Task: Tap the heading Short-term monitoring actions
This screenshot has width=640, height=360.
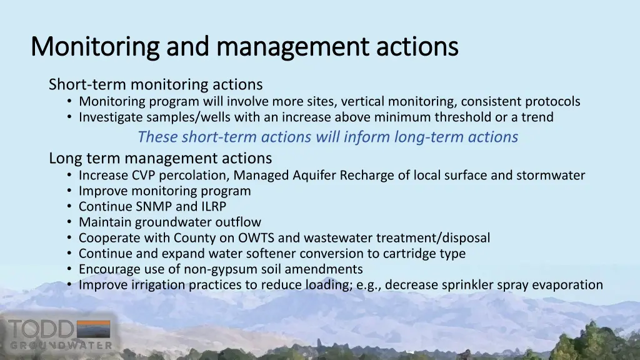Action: click(156, 84)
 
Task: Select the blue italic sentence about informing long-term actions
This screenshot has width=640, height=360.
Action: click(327, 136)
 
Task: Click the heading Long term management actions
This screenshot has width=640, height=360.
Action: click(161, 158)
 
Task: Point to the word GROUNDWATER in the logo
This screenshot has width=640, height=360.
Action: click(61, 345)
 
